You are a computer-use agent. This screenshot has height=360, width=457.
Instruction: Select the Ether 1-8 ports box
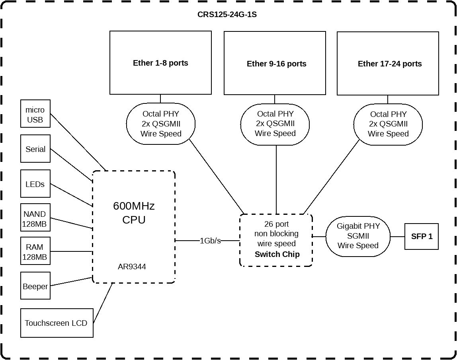pos(160,63)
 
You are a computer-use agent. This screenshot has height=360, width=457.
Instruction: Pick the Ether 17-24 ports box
pos(389,64)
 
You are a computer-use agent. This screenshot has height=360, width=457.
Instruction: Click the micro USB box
pos(35,114)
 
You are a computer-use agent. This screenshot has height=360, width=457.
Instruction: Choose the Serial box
pos(35,149)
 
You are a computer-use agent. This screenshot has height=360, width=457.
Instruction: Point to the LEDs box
pos(35,184)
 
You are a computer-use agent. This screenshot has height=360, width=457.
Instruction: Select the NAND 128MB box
pos(35,219)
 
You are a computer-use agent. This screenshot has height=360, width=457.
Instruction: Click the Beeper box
pos(35,286)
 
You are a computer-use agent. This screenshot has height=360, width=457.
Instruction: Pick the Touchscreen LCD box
pos(57,323)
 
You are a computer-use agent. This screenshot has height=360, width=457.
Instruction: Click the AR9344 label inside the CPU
pos(132,267)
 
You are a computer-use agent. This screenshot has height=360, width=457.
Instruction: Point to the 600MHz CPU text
pos(134,213)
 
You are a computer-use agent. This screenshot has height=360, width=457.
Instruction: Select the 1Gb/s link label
pos(210,241)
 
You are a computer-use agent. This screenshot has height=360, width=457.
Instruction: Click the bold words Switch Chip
pos(277,254)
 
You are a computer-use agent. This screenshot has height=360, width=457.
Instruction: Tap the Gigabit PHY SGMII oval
pos(358,236)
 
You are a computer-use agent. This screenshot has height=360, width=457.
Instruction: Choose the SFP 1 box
pos(422,236)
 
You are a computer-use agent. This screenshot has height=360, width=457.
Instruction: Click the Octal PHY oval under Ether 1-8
pos(161,124)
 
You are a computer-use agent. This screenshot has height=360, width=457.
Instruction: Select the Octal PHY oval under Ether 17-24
pos(388,124)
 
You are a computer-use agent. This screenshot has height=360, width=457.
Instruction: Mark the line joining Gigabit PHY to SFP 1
pos(397,237)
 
